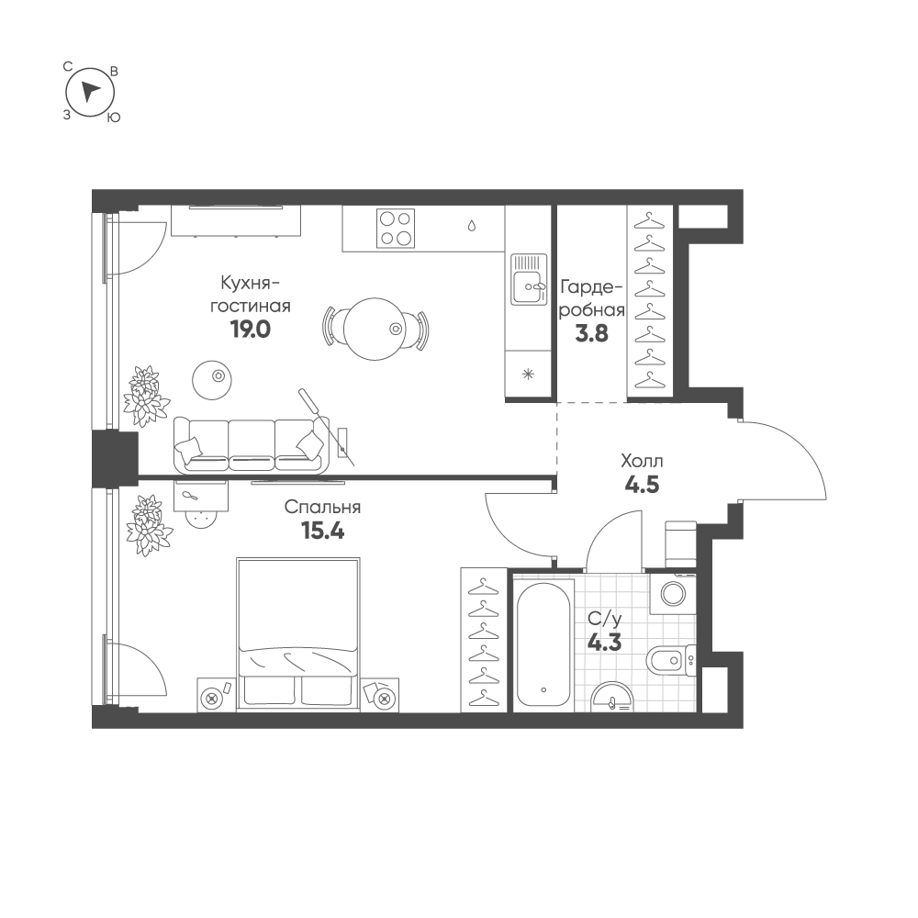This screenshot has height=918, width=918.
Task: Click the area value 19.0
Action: [251, 330]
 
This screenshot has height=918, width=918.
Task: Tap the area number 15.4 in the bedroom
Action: [322, 531]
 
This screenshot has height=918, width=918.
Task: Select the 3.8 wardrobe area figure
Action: [592, 334]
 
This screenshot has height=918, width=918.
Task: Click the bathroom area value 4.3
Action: [605, 644]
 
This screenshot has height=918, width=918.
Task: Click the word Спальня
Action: [322, 507]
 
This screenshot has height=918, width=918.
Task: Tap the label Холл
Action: [643, 462]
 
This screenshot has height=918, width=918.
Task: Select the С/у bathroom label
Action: [605, 619]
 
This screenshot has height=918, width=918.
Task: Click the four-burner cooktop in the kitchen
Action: [395, 229]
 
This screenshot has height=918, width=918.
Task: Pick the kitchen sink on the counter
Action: [529, 279]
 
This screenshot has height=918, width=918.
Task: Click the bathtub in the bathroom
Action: [543, 644]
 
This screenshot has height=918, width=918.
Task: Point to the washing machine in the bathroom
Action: [673, 594]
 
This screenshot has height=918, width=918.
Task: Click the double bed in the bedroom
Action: [298, 634]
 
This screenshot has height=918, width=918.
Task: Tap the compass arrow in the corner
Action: [90, 92]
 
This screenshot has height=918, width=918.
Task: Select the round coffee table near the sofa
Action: [212, 380]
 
